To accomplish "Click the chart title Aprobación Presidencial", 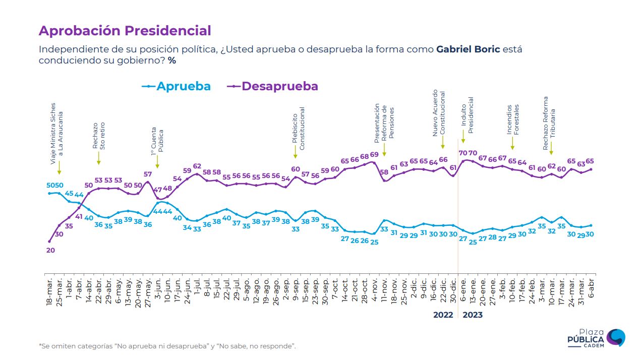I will click(x=125, y=31).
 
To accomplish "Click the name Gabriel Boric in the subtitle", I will click(x=468, y=49).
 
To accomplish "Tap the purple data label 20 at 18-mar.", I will click(x=50, y=250).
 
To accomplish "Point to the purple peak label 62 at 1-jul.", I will click(x=197, y=166).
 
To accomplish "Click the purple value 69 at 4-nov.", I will click(x=374, y=155).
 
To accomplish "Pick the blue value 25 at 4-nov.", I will click(x=374, y=242).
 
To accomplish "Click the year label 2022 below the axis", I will click(x=443, y=315).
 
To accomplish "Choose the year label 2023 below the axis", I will click(x=473, y=315).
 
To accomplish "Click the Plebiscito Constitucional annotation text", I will click(x=299, y=128).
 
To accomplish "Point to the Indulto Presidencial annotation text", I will click(x=467, y=115).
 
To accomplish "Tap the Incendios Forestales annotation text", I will click(x=513, y=119).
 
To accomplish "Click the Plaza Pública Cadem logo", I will click(x=601, y=337).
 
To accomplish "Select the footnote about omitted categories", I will click(x=167, y=346).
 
